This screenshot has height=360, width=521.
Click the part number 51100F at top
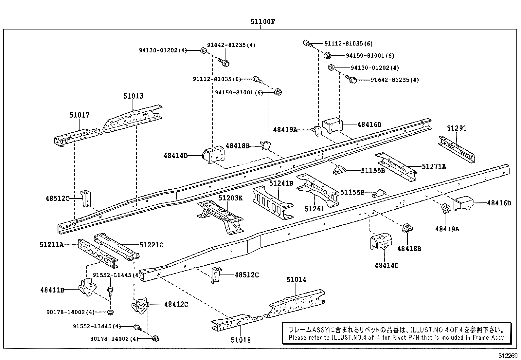[x=262, y=22]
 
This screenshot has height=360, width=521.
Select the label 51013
[x=133, y=96]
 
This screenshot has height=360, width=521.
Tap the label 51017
[x=79, y=115]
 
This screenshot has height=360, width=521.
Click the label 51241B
[x=281, y=183]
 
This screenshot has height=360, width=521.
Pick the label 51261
[x=314, y=209]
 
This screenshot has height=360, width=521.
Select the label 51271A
[x=434, y=166]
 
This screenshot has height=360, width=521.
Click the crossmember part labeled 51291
[x=457, y=149]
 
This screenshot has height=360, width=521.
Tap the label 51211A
[x=52, y=244]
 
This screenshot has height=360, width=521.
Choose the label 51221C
[x=151, y=245]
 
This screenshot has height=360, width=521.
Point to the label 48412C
[x=176, y=304]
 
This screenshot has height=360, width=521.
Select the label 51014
[x=296, y=279]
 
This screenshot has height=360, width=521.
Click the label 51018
[x=241, y=340]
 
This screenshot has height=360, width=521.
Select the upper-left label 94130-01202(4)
[x=163, y=50]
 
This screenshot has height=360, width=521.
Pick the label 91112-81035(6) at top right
[x=348, y=44]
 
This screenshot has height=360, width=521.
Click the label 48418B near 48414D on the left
[x=237, y=146]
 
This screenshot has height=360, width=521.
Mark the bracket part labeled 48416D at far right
[x=464, y=203]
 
